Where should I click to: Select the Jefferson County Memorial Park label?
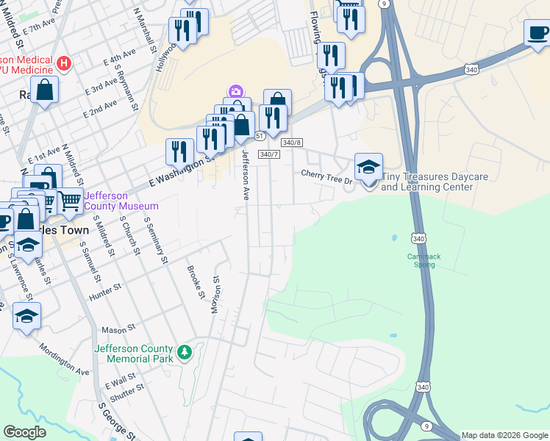click(133, 354)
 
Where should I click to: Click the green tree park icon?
click(185, 354)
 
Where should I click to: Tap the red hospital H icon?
click(64, 64)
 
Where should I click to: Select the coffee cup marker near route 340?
click(537, 32)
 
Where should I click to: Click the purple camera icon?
click(235, 91)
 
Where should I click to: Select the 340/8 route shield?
click(292, 143)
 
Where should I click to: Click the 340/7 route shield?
click(270, 154)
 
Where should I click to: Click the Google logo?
click(24, 432)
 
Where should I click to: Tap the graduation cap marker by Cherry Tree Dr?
click(368, 166)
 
